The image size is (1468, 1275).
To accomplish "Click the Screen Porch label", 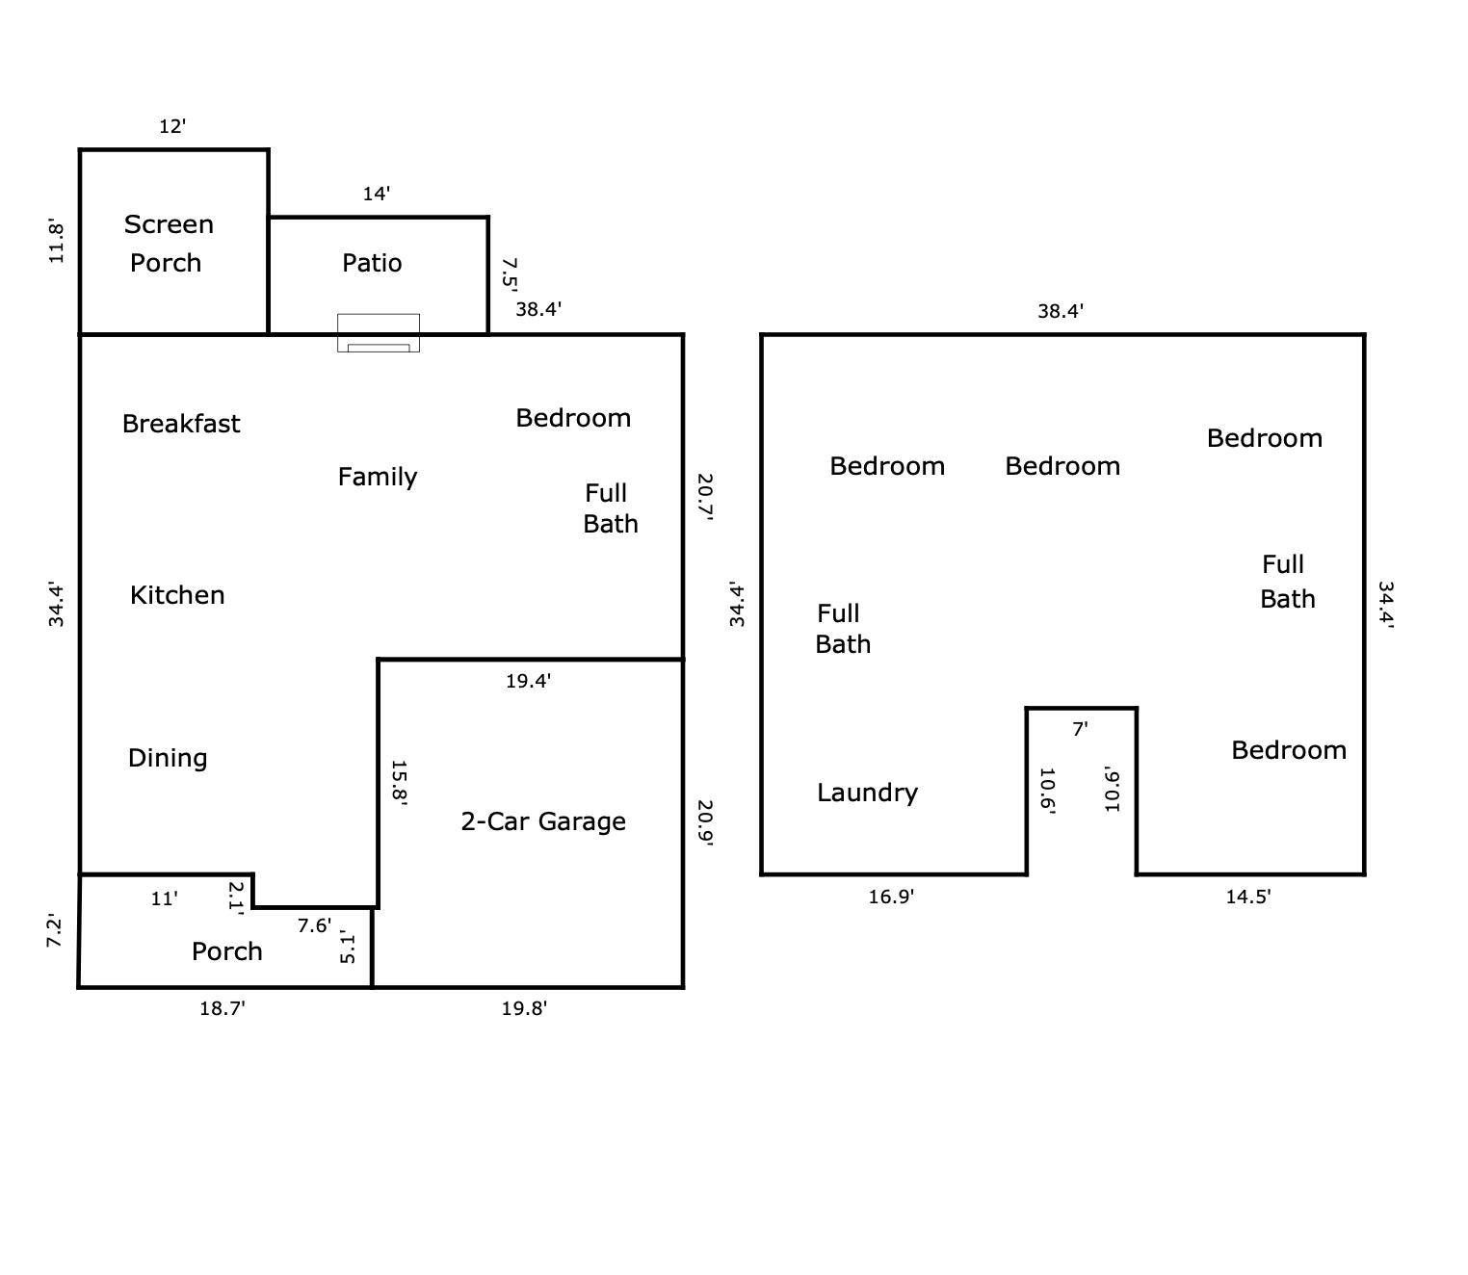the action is coord(169,244).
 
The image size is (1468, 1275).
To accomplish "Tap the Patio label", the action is coord(372,263).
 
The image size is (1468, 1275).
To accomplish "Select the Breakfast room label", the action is coord(181,424).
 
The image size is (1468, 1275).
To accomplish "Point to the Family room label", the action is coord(378,477).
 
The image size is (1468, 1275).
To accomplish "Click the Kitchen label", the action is coord(177,595).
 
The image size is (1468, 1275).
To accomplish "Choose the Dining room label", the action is coord(168,759).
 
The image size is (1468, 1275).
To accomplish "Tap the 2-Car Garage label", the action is coord(543,821).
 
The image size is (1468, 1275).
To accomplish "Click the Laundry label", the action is coord(868,794).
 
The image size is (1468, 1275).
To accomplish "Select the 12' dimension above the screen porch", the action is coord(172,127).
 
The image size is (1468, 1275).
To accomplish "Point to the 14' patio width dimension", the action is coord(376,194).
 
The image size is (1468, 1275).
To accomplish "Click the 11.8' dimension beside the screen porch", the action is coord(56,241).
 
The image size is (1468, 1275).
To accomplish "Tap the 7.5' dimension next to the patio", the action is coord(510,274).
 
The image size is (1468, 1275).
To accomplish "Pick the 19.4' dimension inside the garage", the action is coord(528,681).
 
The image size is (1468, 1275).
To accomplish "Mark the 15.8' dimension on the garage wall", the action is coord(399,783).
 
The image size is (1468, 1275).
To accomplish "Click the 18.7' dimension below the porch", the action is coord(223,1009).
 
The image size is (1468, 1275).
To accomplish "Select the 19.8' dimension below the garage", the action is coord(524,1009).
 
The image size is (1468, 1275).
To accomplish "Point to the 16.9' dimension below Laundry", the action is coord(891,898).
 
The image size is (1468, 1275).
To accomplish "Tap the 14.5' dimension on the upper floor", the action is coord(1247,898).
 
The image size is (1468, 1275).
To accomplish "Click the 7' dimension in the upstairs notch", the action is coord(1080,729).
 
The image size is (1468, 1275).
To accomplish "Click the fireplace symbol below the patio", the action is coord(379,333).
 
